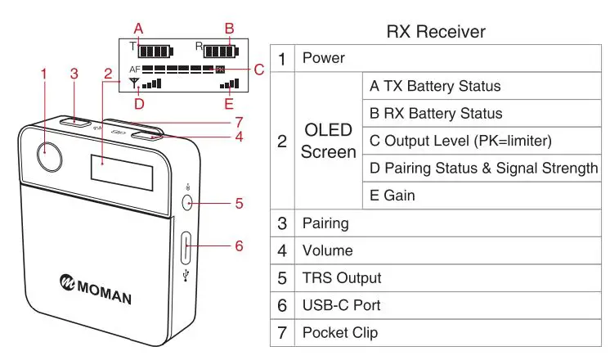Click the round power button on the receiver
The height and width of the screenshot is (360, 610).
point(49,157)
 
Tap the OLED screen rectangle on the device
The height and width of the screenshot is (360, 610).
point(122,173)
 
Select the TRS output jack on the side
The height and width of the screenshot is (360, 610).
point(187,203)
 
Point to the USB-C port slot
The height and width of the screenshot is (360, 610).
point(186,248)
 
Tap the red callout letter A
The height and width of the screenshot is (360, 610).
point(138,29)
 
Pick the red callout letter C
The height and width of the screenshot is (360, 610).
point(259,70)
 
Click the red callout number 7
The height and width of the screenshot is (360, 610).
point(239,123)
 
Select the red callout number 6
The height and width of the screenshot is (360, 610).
point(239,245)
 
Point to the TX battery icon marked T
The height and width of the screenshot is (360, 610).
point(155,52)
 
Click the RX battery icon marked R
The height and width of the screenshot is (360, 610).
point(221,52)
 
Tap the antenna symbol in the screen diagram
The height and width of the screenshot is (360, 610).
point(134,83)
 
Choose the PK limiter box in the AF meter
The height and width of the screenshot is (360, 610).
point(220,70)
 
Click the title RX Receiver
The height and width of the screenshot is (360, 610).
point(436,32)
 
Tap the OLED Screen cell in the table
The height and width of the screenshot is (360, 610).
point(329,141)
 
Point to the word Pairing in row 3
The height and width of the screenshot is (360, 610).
point(325,224)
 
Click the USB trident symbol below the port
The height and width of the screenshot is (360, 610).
point(186,275)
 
